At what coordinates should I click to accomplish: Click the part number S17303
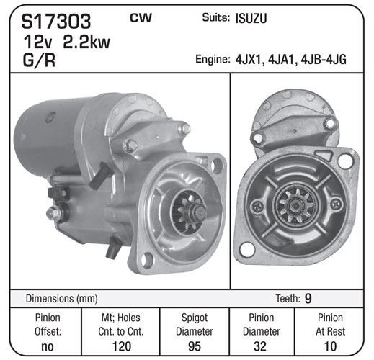point(56,22)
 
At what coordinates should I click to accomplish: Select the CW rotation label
point(141,17)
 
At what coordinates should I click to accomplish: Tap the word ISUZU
point(251,19)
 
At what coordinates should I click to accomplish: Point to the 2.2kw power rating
point(86,42)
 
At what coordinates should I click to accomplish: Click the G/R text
point(39,60)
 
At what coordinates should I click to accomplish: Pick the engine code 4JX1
point(249,60)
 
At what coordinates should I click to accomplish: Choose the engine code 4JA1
point(282,60)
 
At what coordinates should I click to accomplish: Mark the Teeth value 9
point(308,299)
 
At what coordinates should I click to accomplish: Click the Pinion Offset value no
point(48,346)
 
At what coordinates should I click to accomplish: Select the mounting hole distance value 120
point(122,346)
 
